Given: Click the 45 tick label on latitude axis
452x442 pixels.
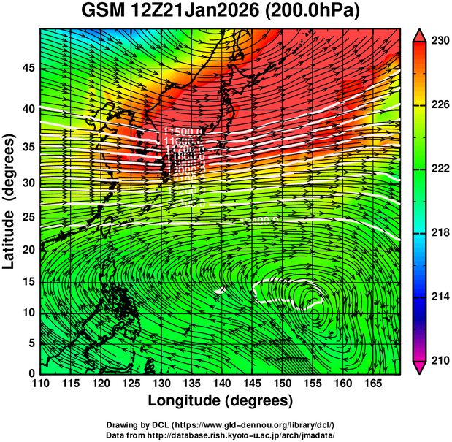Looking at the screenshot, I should pyautogui.click(x=28, y=68).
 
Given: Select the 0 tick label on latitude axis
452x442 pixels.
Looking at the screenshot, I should pyautogui.click(x=31, y=373).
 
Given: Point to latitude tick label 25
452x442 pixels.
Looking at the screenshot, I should pyautogui.click(x=28, y=216).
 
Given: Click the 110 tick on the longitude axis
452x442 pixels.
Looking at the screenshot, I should pyautogui.click(x=41, y=384).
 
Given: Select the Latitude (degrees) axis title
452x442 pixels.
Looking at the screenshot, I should pyautogui.click(x=9, y=201).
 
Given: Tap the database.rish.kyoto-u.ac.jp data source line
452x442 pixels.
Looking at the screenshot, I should pyautogui.click(x=221, y=435).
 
